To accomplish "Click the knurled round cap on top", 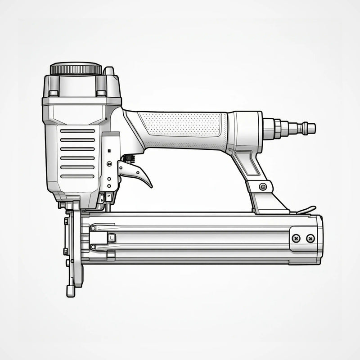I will point(76,69).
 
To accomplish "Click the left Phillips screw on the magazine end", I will point(296,238).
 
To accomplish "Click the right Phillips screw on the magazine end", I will point(310,238).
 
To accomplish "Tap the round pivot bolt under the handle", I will point(263,186).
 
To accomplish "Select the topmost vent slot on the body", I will point(77,131).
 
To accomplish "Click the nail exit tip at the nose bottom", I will point(71,291).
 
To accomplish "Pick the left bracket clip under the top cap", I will point(54,93).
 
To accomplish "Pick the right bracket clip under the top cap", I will point(101,93).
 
